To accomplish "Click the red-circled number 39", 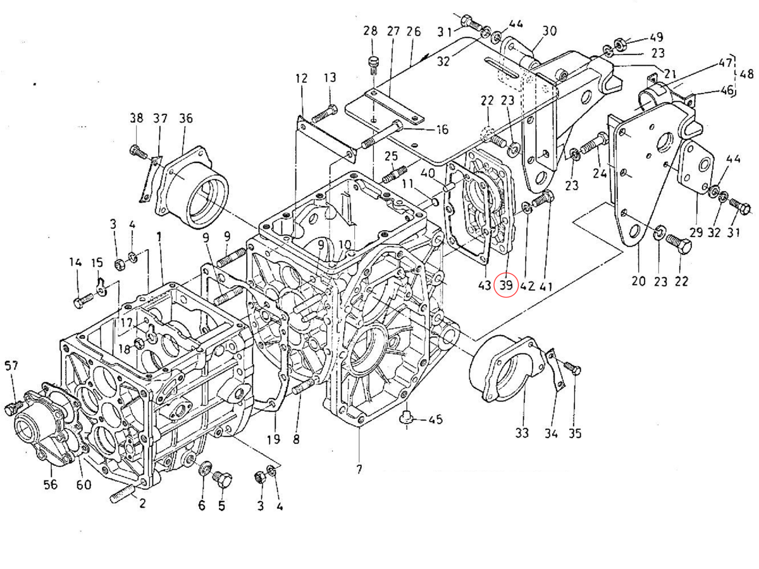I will click(506, 285).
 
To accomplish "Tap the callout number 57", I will click(12, 365).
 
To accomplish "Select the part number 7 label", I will click(359, 469).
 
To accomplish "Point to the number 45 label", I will click(435, 420).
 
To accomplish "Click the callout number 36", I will click(185, 118).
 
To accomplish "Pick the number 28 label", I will click(370, 31).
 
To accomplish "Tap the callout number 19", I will click(273, 439).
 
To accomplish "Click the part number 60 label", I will click(83, 484).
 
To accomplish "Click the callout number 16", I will click(441, 130).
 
